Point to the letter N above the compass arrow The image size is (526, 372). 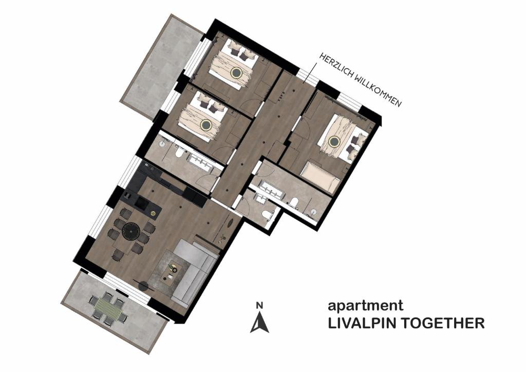(x=260, y=306)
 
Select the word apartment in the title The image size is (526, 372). (x=365, y=306)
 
